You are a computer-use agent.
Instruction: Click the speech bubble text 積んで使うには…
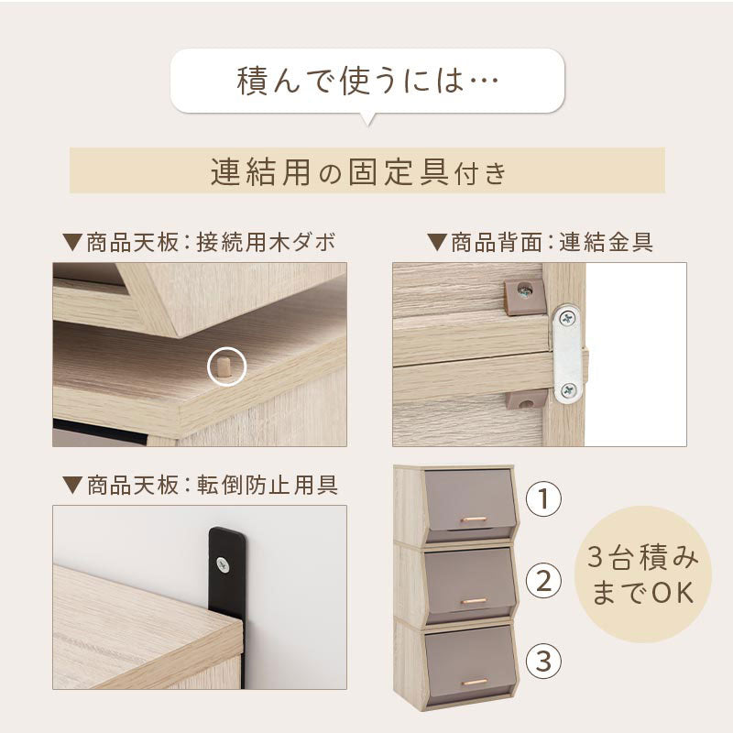[x=367, y=81]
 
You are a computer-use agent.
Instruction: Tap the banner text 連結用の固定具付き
[x=359, y=171]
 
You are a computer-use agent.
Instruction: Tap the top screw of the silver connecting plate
[x=568, y=318]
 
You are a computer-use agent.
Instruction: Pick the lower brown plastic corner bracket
[x=526, y=399]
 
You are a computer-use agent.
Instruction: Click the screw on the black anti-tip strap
[x=223, y=564]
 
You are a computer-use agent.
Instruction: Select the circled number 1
[x=543, y=498]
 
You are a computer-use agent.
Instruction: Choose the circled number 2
[x=543, y=581]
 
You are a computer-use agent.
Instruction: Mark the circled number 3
[x=543, y=662]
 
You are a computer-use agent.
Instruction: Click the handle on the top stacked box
[x=474, y=519]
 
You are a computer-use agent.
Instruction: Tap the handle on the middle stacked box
[x=474, y=601]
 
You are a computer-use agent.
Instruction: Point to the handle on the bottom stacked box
[x=474, y=683]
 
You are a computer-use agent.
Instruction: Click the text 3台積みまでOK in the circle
[x=642, y=574]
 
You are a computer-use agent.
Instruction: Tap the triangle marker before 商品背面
[x=437, y=243]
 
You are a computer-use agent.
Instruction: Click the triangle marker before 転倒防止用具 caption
[x=72, y=486]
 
